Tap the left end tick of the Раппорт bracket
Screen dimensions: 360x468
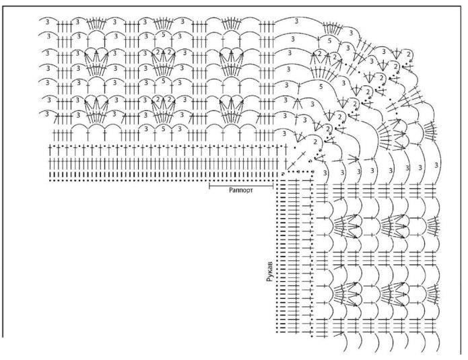209,183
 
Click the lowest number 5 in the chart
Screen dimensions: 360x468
164,127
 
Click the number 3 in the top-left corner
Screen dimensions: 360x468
46,22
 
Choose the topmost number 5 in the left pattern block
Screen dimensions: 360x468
164,34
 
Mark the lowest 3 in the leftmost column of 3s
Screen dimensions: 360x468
46,114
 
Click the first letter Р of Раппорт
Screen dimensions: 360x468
231,190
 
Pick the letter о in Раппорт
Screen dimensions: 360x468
246,190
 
